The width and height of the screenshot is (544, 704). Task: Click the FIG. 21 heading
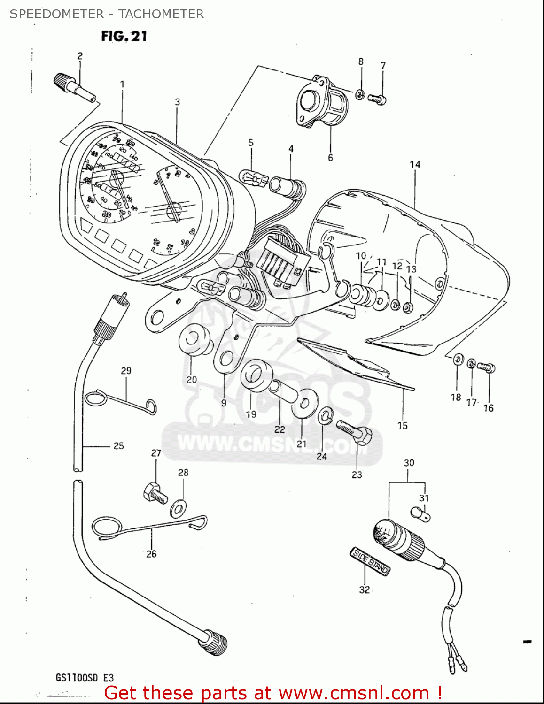(x=124, y=36)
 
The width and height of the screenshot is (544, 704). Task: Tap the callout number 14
(x=414, y=165)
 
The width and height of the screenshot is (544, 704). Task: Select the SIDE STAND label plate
(x=370, y=561)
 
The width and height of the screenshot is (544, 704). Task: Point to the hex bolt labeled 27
(x=155, y=492)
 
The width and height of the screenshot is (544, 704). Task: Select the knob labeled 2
(x=74, y=86)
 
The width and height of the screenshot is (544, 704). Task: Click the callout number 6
(x=330, y=158)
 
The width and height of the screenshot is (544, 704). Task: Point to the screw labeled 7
(x=377, y=98)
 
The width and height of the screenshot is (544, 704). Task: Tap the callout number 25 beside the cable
(x=118, y=446)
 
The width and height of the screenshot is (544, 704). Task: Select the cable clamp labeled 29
(x=120, y=400)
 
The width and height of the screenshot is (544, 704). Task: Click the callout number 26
(x=151, y=554)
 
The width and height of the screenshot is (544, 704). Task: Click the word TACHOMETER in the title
(x=161, y=14)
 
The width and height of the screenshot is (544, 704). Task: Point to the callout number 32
(x=365, y=590)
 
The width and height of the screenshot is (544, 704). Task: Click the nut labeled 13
(x=408, y=307)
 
